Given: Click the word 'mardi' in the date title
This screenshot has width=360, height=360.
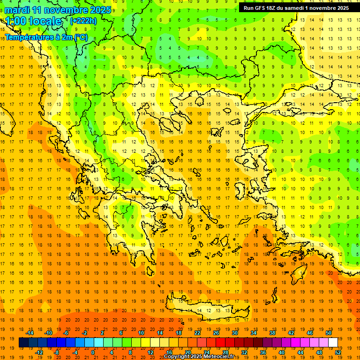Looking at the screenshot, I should [x=16, y=10].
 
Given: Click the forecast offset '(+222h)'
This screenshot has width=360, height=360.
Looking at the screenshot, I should [x=83, y=21].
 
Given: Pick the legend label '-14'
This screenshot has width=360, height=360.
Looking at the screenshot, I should [x=30, y=333].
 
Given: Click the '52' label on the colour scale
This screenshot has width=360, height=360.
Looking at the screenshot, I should [x=338, y=352].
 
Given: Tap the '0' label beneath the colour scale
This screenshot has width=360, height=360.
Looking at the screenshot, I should [x=93, y=352].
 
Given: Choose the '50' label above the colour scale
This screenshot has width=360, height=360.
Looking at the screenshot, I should [x=329, y=333].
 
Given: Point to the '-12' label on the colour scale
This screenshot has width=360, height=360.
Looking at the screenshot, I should [x=39, y=352].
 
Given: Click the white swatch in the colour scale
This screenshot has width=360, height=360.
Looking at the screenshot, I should [x=333, y=343].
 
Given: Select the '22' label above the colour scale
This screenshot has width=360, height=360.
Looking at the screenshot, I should [x=197, y=333].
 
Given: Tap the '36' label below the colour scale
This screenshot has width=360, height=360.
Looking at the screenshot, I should [x=263, y=352].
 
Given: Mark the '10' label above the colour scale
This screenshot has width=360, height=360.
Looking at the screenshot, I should [x=141, y=333].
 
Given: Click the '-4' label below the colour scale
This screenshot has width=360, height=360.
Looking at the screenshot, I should [x=75, y=352].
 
